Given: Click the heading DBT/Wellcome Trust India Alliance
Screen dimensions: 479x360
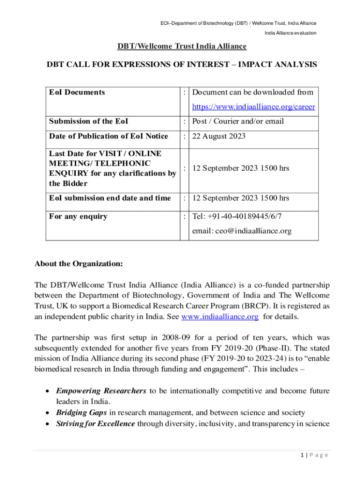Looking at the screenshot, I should pos(182,46).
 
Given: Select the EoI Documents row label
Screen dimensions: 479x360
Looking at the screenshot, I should pos(77,92).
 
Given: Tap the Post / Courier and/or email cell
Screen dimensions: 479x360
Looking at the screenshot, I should pos(238,122).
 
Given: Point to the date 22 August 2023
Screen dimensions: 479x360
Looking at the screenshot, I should pos(218,136).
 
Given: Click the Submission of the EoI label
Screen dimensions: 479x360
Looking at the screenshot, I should pos(89,122).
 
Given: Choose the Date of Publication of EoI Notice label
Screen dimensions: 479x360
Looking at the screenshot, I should pos(108,136).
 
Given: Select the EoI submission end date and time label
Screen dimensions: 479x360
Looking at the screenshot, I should pos(110,198).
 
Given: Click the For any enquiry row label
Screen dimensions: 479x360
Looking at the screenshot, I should pos(78,216).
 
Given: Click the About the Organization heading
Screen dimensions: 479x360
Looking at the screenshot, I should pos(79,264).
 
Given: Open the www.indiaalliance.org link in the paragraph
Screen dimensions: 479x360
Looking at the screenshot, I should pos(220,317).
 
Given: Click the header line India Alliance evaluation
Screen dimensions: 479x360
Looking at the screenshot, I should pos(290,33).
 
